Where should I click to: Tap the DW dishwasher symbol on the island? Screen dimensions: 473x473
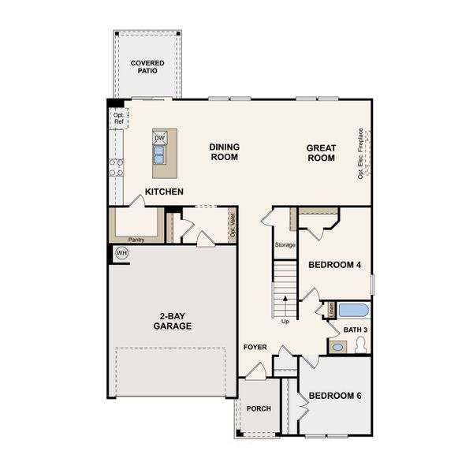(x=160, y=139)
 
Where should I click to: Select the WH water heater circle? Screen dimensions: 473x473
(x=121, y=253)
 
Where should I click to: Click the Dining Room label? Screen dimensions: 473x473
(x=224, y=152)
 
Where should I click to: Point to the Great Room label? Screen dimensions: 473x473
(x=321, y=153)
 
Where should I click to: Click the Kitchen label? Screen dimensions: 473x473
(x=164, y=192)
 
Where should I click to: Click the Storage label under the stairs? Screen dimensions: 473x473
(x=285, y=245)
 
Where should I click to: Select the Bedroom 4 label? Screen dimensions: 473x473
(x=334, y=265)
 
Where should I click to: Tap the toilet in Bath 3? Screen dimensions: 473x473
(x=362, y=344)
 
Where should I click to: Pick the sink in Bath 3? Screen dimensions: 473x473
(x=337, y=347)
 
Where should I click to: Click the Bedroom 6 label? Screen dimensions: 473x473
(x=334, y=395)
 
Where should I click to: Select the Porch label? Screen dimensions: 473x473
(x=258, y=408)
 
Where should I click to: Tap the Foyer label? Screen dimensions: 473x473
(x=255, y=347)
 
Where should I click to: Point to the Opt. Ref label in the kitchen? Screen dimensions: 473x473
(x=118, y=118)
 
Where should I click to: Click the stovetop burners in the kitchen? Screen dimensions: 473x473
(x=116, y=166)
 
